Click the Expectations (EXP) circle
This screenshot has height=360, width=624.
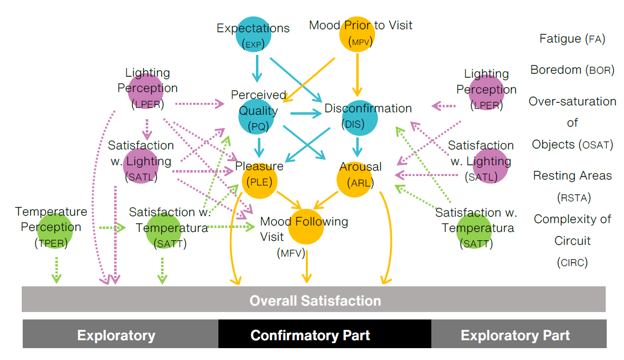coord(253,35)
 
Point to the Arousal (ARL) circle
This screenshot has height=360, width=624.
coord(355,180)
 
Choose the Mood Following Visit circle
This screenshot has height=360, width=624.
coord(306,227)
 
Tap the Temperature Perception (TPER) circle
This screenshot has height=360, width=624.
coord(55,230)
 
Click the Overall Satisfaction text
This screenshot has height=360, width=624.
coord(315,301)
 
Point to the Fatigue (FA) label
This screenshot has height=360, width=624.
coord(572,39)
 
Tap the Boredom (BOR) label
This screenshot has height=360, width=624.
coord(572,70)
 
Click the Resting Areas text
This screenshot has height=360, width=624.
coord(572,176)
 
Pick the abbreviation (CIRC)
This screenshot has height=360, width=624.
coord(572,263)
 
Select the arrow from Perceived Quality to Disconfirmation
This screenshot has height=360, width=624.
coord(306,114)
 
